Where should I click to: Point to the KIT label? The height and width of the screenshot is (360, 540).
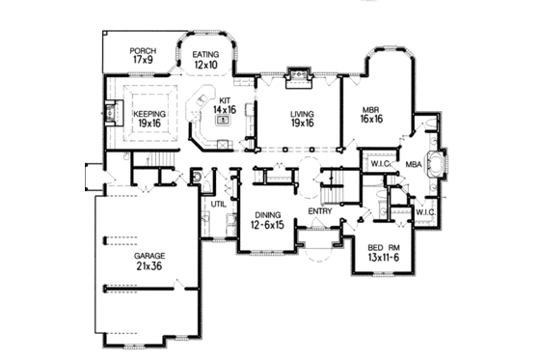(226, 99)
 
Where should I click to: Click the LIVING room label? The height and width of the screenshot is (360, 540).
(303, 113)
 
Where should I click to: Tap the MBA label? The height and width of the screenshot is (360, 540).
(415, 165)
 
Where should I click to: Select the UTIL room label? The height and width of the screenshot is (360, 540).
(218, 205)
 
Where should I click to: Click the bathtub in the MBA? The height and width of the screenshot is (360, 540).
(445, 163)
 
